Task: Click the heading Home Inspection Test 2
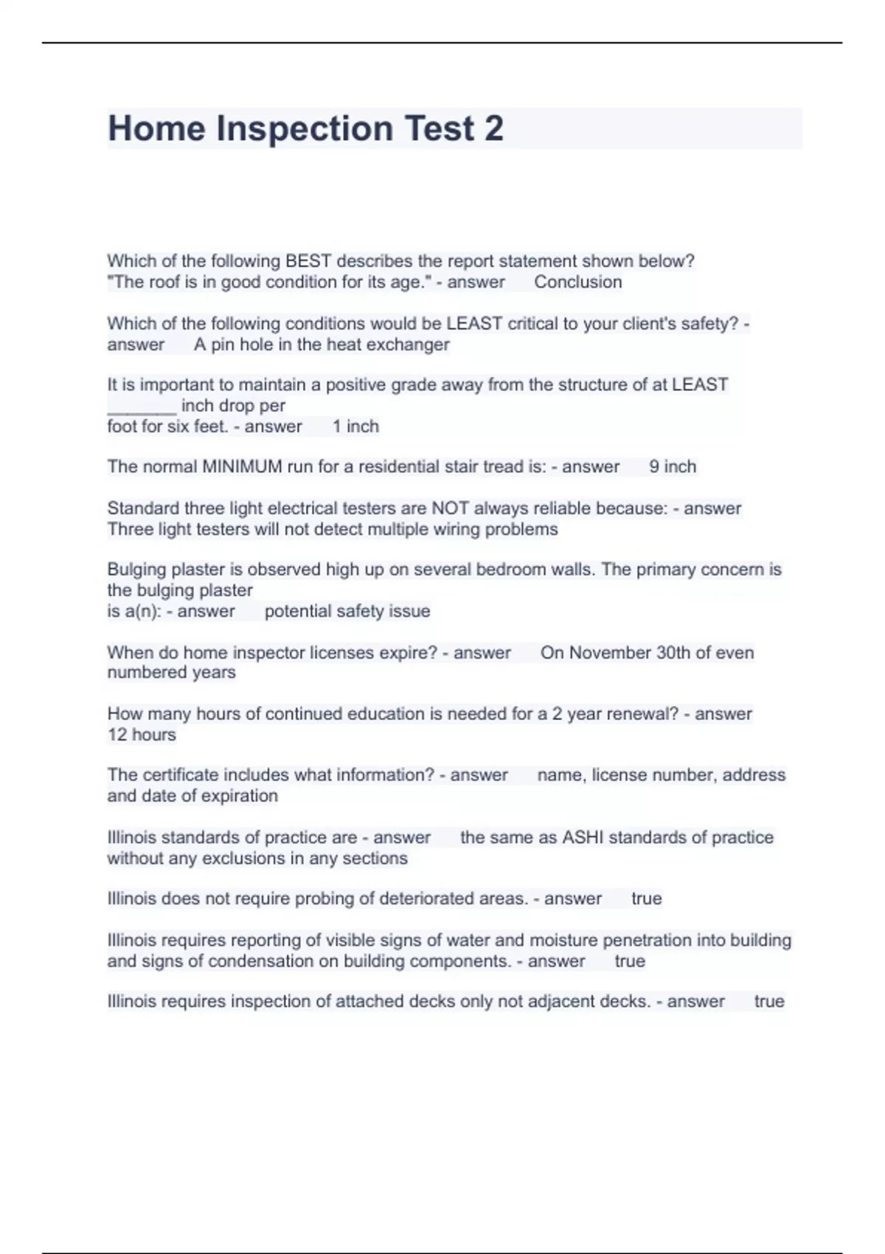click(x=305, y=128)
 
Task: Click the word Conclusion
click(x=577, y=282)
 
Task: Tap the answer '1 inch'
click(x=355, y=426)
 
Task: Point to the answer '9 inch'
click(x=673, y=466)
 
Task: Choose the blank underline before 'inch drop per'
click(x=142, y=406)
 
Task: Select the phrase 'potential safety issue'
click(x=347, y=611)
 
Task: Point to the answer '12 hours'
click(x=142, y=735)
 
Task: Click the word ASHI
click(x=583, y=837)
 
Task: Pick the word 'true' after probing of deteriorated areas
click(x=646, y=898)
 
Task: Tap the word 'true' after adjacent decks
click(x=768, y=1001)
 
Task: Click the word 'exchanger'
click(x=412, y=344)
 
